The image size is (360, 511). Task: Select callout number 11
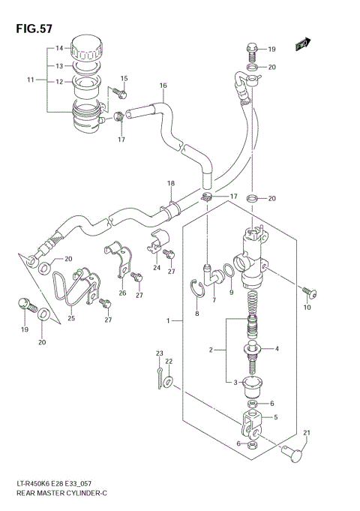(x=31, y=80)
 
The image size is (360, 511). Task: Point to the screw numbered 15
(x=122, y=94)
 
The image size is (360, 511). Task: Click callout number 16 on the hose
(x=163, y=86)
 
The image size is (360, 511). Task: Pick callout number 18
(x=170, y=184)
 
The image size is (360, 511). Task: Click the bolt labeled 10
(x=307, y=291)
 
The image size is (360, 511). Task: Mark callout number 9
(x=232, y=293)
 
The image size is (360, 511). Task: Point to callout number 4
(x=277, y=349)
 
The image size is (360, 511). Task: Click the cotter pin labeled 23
(x=160, y=375)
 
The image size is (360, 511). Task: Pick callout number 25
(x=72, y=318)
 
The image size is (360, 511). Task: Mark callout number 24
(x=157, y=268)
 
